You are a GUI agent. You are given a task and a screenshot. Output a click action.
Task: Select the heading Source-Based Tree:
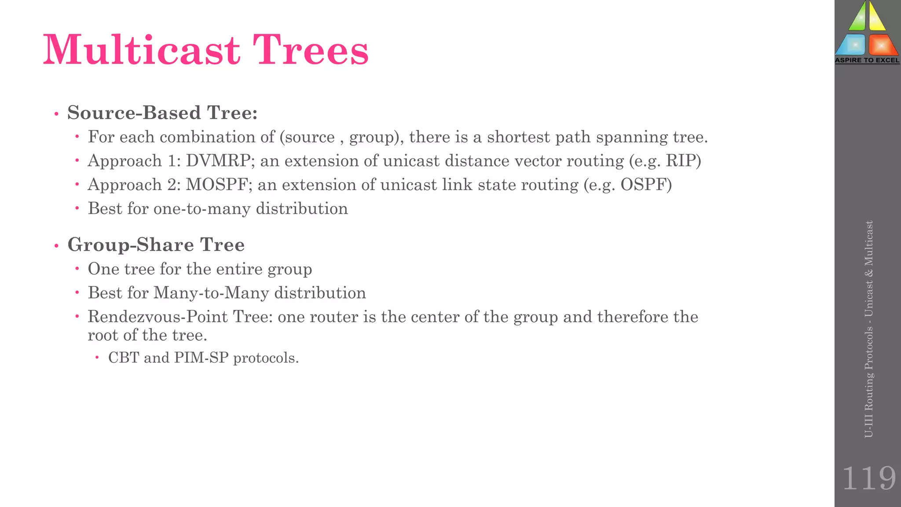[162, 113]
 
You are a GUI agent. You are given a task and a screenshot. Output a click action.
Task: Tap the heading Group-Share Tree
[156, 245]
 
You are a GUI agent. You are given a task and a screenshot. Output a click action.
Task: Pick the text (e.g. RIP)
[665, 161]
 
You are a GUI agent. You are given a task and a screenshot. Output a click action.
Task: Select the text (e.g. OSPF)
[628, 185]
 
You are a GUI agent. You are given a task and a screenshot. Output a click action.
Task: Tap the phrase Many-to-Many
[211, 293]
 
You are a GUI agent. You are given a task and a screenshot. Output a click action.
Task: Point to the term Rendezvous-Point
[157, 317]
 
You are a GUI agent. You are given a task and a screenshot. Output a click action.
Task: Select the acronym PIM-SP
[201, 358]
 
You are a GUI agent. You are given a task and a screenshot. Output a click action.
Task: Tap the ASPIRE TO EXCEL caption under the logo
[867, 60]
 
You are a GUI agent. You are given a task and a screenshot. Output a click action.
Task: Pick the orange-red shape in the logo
[883, 45]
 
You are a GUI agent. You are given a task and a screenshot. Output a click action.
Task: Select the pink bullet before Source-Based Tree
[56, 114]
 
